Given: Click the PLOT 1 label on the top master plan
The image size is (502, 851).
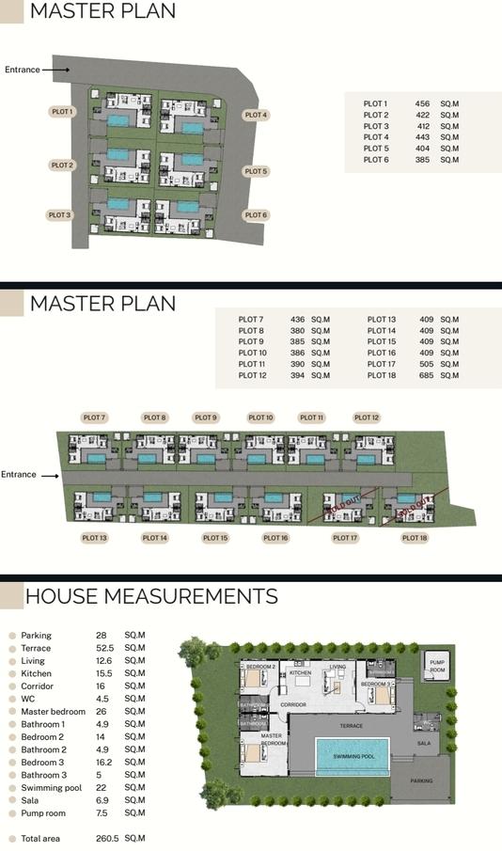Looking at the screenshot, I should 62,111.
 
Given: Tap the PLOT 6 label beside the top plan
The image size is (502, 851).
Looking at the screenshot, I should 257,215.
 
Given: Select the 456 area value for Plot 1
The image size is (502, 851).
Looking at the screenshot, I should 422,103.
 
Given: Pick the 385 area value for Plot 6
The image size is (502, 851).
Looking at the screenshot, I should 422,160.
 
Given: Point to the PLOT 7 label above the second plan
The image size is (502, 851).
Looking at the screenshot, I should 94,418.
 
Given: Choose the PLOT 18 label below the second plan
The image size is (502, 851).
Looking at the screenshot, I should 414,538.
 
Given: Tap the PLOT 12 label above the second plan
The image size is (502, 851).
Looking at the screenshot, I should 367,418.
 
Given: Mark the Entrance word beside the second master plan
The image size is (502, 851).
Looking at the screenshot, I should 19,475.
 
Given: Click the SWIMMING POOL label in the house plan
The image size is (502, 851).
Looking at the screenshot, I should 353,756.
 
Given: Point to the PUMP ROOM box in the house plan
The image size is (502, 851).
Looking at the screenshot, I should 437,666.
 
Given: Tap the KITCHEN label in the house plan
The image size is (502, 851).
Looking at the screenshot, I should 300,673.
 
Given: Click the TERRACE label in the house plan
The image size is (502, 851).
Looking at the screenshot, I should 352,727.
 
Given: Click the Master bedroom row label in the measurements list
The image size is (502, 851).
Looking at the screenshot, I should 51,712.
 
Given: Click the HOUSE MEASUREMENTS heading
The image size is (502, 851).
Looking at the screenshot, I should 151,597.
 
